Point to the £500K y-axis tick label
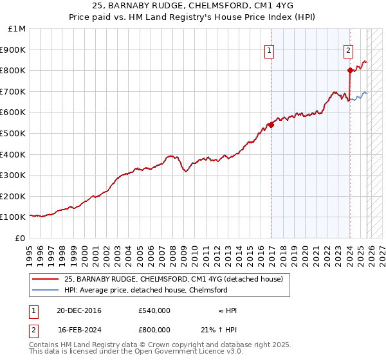[14, 134]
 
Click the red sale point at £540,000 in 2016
[271, 125]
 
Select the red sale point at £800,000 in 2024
[350, 71]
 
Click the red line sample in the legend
[45, 279]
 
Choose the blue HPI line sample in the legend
[45, 290]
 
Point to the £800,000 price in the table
[154, 330]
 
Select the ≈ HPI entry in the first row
[226, 310]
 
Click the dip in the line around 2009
[185, 171]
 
